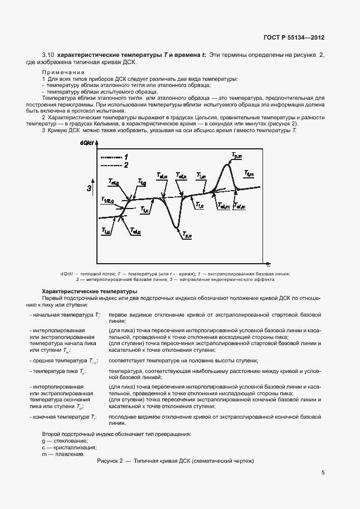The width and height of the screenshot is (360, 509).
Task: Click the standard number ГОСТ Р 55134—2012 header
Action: coord(294,38)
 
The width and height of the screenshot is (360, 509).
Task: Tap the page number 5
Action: coord(323,473)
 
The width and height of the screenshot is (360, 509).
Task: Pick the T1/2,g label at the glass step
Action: coord(107,200)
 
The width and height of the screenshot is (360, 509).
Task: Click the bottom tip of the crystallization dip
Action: coord(177,227)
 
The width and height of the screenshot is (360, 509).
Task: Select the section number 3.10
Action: coord(48,55)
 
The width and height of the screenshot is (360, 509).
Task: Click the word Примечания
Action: coord(60,73)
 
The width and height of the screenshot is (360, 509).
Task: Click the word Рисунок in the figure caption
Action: coord(108,461)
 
